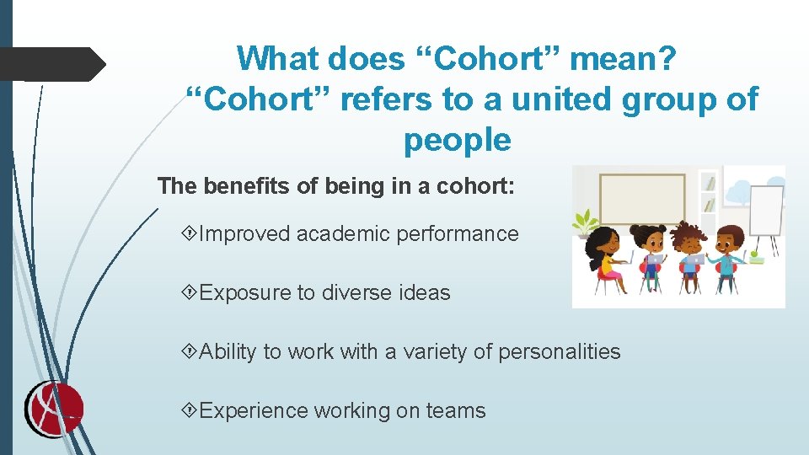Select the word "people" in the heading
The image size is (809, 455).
coord(457,140)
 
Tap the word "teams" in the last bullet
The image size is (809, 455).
coord(455,410)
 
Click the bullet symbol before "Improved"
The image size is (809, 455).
coord(190,234)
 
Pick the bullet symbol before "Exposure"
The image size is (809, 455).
coord(190,293)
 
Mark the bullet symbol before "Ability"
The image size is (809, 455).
coord(190,351)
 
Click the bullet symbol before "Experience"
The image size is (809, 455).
coord(190,410)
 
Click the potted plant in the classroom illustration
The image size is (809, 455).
coord(584,222)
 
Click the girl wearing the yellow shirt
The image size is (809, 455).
coord(608,257)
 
